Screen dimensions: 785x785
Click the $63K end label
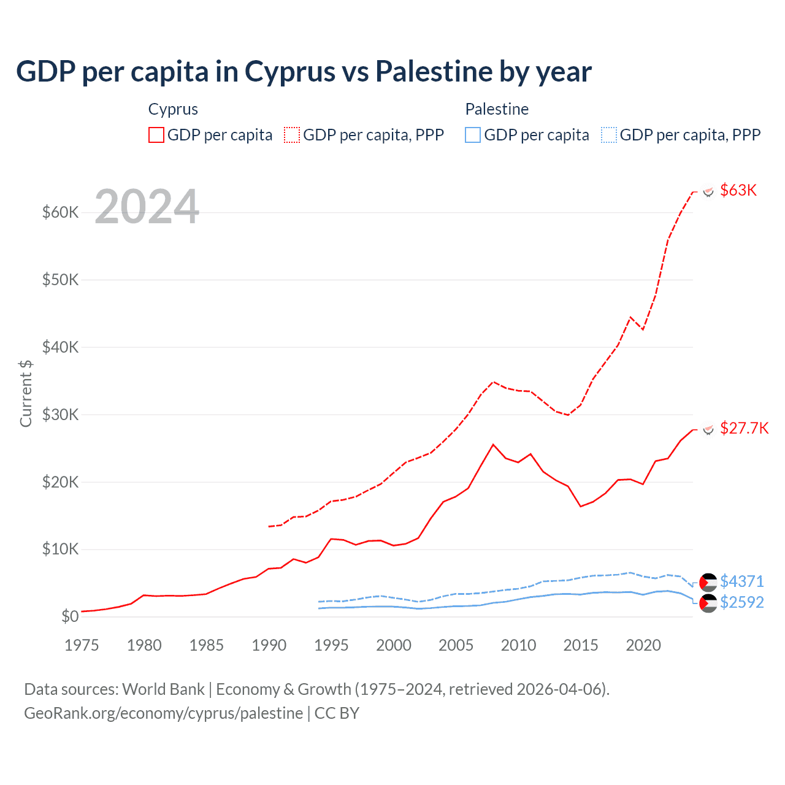pyautogui.click(x=738, y=190)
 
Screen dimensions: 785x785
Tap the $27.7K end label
pyautogui.click(x=744, y=428)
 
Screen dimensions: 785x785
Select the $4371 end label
pyautogui.click(x=741, y=581)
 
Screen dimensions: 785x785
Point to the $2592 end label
pyautogui.click(x=741, y=602)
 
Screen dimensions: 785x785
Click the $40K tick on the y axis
pyautogui.click(x=60, y=348)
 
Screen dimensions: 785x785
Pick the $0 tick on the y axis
pyautogui.click(x=70, y=616)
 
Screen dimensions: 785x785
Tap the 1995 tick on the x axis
pyautogui.click(x=331, y=645)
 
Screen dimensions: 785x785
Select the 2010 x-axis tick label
pyautogui.click(x=518, y=645)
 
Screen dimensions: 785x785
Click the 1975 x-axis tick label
pyautogui.click(x=82, y=645)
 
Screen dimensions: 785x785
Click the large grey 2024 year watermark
pyautogui.click(x=147, y=207)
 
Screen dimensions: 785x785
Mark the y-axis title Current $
pyautogui.click(x=26, y=393)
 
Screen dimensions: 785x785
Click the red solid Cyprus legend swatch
pyautogui.click(x=156, y=135)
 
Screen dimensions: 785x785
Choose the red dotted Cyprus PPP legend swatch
pyautogui.click(x=292, y=135)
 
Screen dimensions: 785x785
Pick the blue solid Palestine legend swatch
pyautogui.click(x=473, y=135)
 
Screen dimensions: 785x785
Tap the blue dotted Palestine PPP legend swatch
pyautogui.click(x=609, y=135)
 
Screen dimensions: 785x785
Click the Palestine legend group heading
pyautogui.click(x=497, y=109)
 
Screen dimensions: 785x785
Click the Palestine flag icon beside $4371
pyautogui.click(x=708, y=582)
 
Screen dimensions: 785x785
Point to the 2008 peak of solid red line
pyautogui.click(x=493, y=445)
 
